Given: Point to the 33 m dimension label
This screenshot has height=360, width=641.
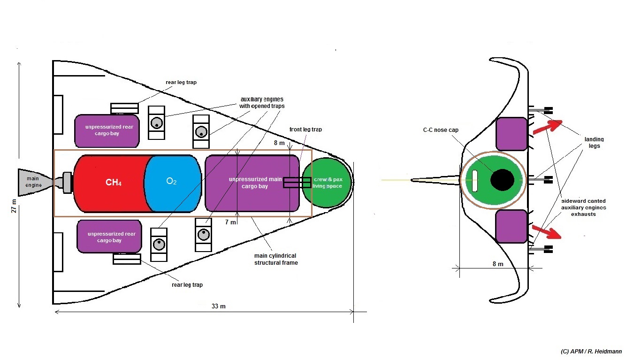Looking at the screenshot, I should (x=218, y=306).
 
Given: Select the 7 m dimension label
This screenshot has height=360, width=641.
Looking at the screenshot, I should (x=230, y=222).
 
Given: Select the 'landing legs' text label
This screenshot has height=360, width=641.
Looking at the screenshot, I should (x=594, y=142).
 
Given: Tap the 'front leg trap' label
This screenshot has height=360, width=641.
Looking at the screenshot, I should (x=305, y=130).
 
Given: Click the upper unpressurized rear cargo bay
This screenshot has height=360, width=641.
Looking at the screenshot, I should (x=107, y=130).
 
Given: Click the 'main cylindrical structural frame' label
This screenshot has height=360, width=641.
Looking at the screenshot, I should (x=276, y=259).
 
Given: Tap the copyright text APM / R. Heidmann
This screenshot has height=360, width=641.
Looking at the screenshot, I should (x=591, y=352).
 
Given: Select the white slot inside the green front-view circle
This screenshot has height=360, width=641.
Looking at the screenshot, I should (x=474, y=181).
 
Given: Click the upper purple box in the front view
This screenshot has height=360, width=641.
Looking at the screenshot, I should (x=511, y=134).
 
